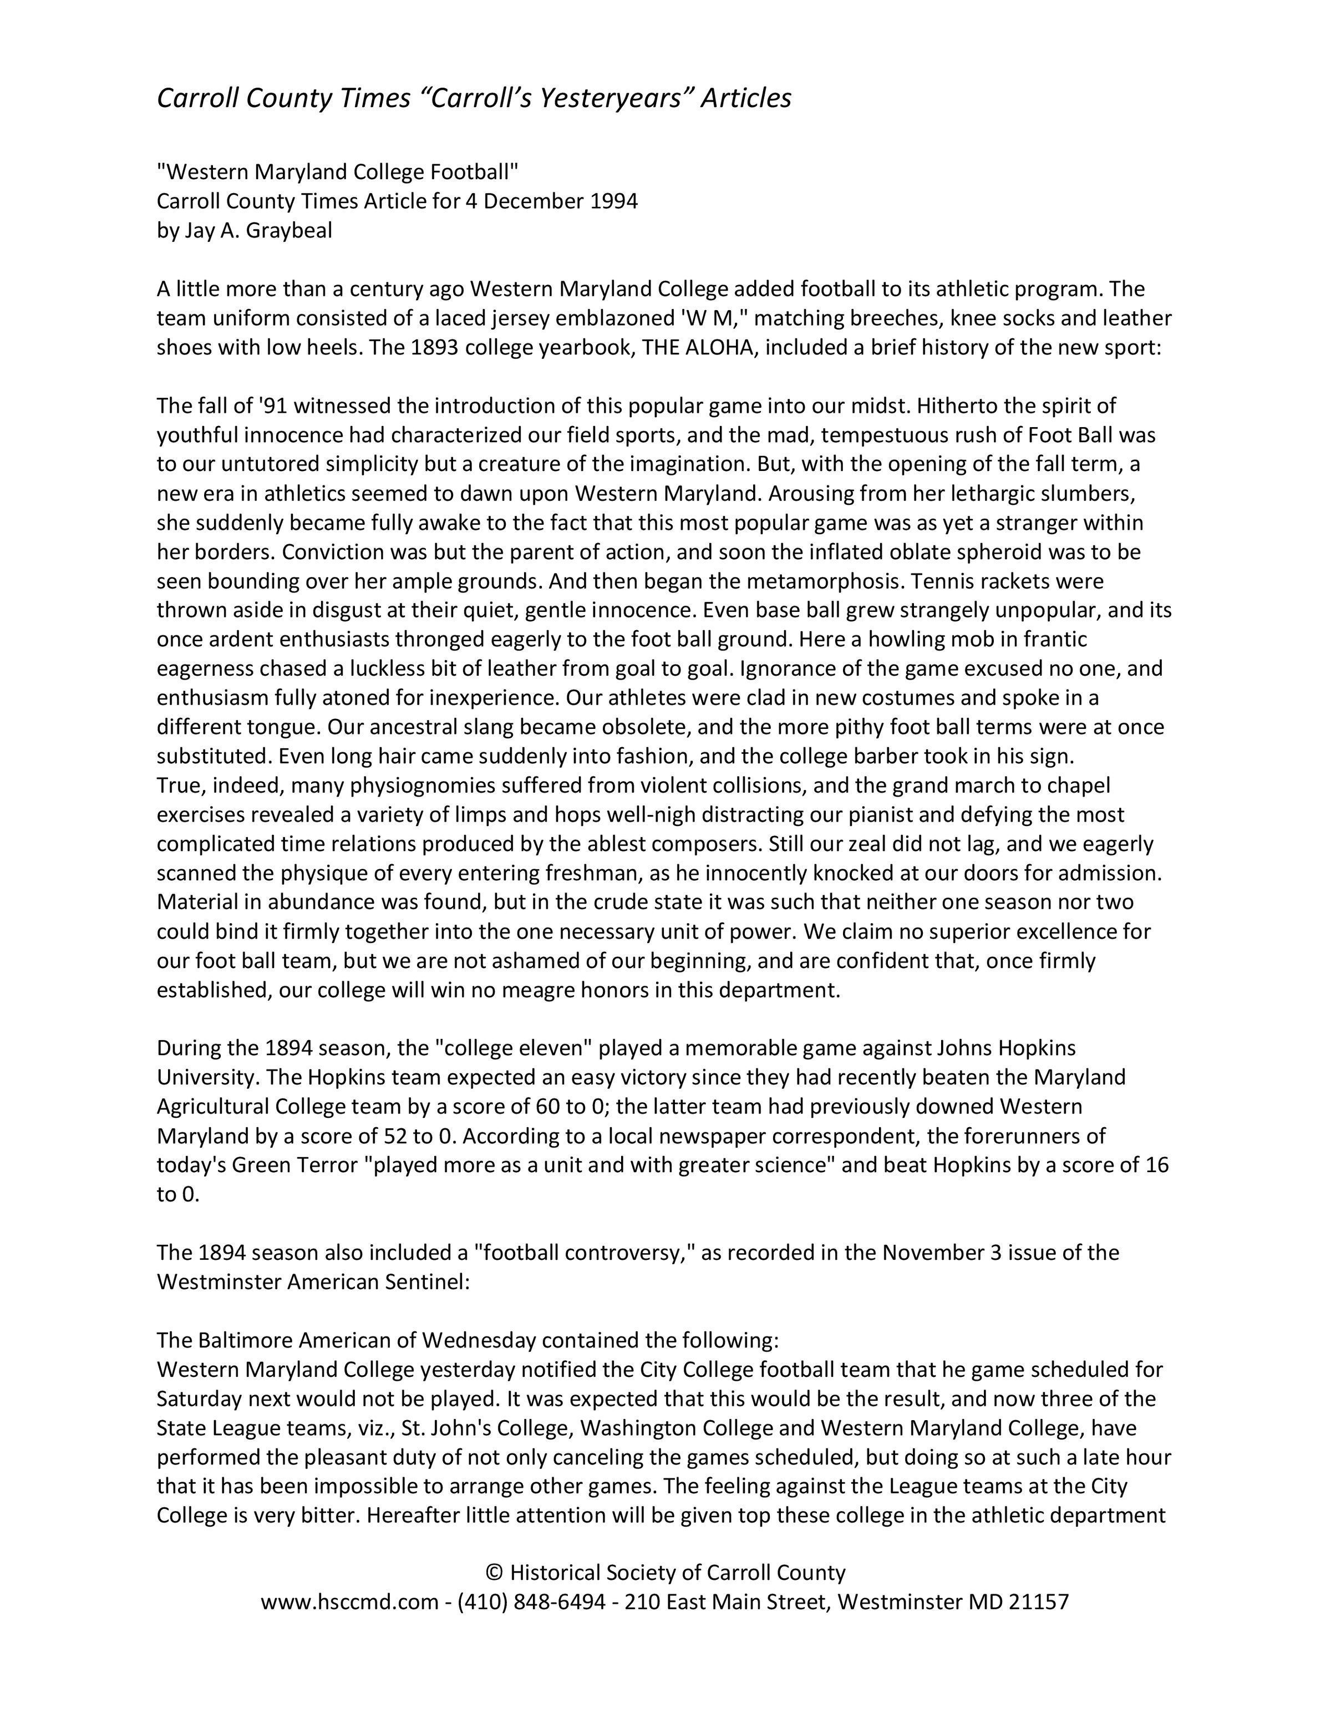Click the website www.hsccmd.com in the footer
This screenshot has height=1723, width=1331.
(349, 1602)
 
